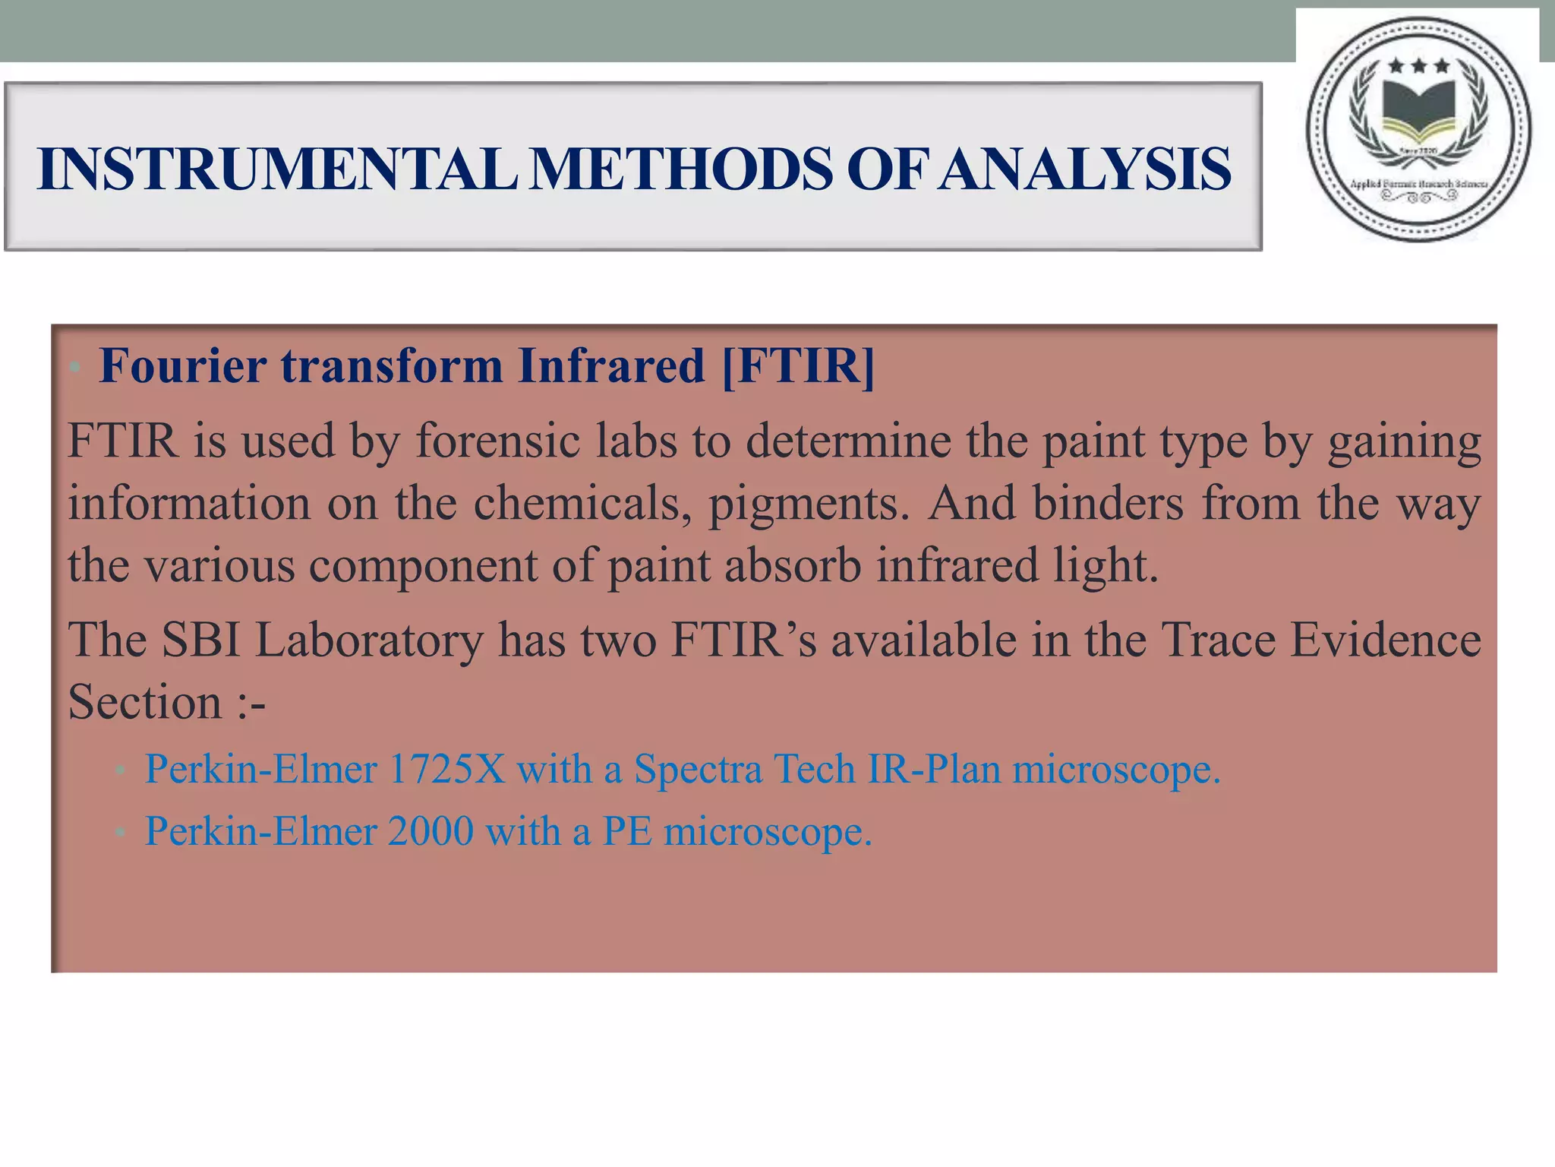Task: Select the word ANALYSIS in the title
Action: pos(1083,169)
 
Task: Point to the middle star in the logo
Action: pos(1418,67)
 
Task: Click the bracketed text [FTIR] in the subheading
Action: pos(798,366)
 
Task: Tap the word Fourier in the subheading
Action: pos(182,366)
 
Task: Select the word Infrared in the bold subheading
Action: pos(611,366)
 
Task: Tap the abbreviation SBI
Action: pos(201,640)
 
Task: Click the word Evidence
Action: pos(1386,640)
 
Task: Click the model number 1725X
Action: pos(446,769)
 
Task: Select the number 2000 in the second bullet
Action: pos(431,831)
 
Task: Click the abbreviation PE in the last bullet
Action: pos(627,831)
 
